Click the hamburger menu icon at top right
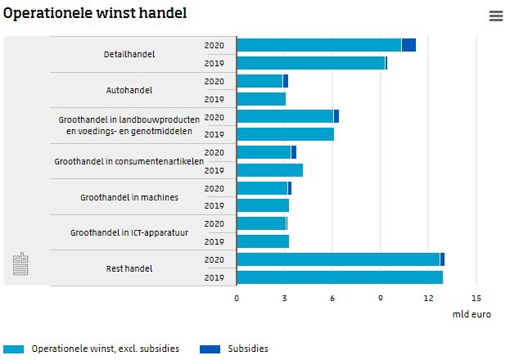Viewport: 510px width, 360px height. pos(495,16)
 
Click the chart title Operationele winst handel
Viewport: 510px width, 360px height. pos(95,14)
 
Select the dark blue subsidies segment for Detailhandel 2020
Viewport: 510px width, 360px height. pos(408,45)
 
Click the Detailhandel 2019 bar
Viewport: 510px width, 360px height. pos(311,63)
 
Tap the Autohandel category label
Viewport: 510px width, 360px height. pos(129,90)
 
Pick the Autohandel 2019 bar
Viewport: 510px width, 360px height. pos(261,99)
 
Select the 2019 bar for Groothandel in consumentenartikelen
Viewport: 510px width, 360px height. pos(269,170)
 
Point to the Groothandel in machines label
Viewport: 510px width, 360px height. pos(129,197)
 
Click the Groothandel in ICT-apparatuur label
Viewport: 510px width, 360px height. pos(129,233)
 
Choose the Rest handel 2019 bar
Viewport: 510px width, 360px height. pos(340,277)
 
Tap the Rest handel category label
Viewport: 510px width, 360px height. pos(129,268)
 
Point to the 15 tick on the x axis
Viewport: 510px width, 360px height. pos(476,299)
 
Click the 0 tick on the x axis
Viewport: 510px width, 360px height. pos(237,299)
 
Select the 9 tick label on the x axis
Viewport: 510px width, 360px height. pos(381,299)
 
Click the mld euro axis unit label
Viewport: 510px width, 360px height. pos(472,314)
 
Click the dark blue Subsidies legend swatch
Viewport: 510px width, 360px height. pos(210,349)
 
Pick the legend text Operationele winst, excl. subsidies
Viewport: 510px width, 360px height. pos(105,349)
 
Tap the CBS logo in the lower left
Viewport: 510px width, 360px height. pos(20,263)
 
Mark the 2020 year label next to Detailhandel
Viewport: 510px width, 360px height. pos(214,45)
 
